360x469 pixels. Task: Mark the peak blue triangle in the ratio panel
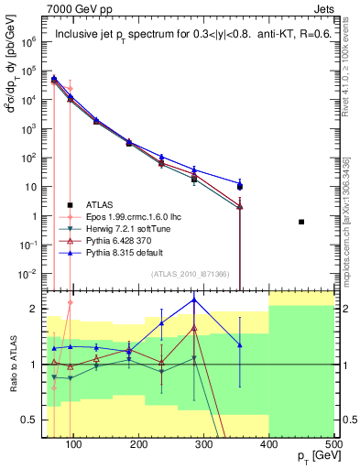click(194, 300)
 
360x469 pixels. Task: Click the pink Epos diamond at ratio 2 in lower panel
click(71, 302)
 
